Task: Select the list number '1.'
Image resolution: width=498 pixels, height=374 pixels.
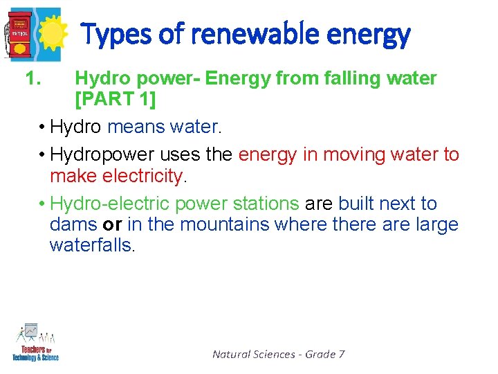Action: click(34, 79)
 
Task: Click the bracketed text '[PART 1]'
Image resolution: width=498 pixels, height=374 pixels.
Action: click(115, 100)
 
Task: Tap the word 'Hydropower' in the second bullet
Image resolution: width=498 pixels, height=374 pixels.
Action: click(102, 154)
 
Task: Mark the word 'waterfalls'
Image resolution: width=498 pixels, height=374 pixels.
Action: click(91, 246)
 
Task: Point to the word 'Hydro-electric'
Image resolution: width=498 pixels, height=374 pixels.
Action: click(110, 204)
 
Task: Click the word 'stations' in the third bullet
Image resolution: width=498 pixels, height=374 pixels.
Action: click(266, 204)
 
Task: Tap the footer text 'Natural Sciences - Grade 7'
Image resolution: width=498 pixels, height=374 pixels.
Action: click(278, 354)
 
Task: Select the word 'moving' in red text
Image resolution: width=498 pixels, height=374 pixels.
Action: click(335, 154)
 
